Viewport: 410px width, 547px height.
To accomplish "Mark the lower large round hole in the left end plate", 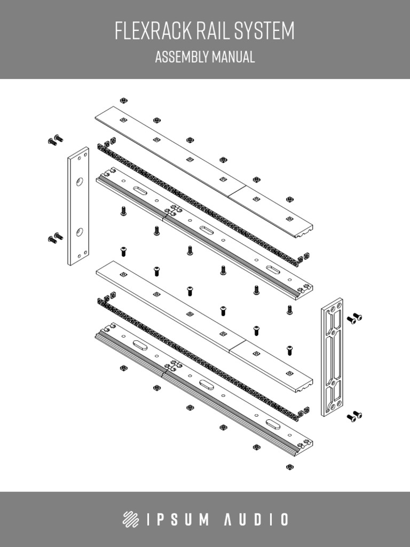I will pos(79,232).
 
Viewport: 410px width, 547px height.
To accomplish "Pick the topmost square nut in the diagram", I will pos(123,100).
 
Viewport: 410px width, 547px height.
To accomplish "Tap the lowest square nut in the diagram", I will pos(290,467).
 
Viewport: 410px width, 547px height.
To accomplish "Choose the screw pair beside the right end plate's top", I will pos(354,319).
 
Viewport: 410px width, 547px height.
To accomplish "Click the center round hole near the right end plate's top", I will pos(333,333).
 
